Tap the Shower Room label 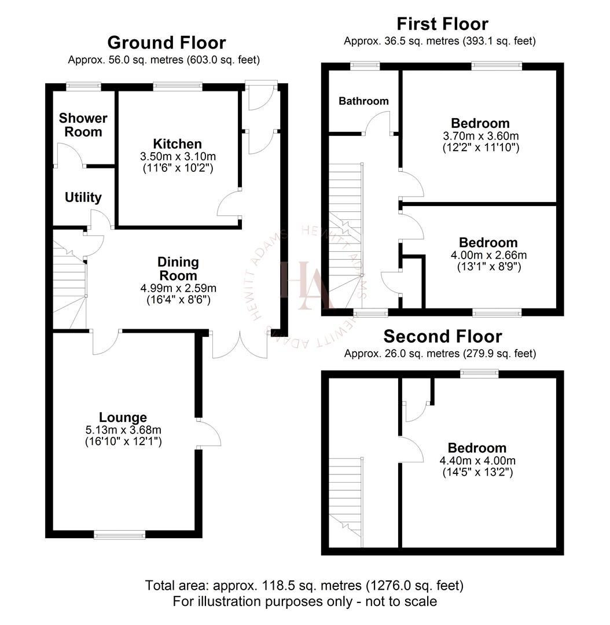click(x=83, y=125)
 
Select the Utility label click(x=83, y=197)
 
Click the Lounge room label click(x=123, y=417)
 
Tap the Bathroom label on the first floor click(x=363, y=101)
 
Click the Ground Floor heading click(x=166, y=42)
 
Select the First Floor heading click(x=442, y=24)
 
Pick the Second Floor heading click(x=442, y=336)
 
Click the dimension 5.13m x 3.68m click(x=123, y=430)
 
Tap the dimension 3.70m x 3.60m click(x=480, y=136)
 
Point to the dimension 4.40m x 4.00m click(x=477, y=461)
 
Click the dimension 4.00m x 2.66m click(x=488, y=255)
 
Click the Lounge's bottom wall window click(x=120, y=535)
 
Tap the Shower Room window click(x=83, y=87)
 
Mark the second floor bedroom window click(x=479, y=374)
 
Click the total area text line click(x=304, y=585)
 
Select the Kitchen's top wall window click(x=178, y=87)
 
